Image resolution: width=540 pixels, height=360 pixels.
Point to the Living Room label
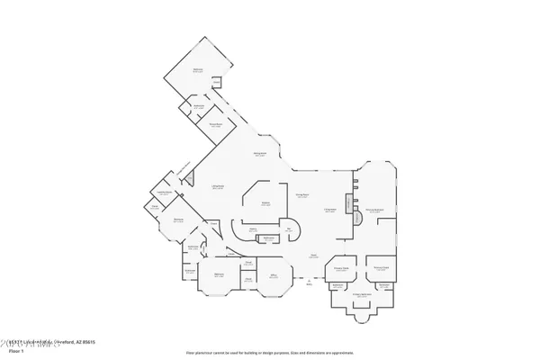[218, 186]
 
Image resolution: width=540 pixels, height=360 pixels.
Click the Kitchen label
[266, 203]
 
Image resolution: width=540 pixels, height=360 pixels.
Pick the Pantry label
[254, 229]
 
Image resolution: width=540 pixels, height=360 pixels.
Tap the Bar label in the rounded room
[289, 229]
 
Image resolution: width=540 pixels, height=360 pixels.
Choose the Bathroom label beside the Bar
[269, 238]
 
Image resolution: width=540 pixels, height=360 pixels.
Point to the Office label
[273, 276]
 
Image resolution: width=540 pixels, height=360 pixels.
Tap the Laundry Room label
[166, 193]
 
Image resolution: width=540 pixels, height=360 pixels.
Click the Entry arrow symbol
[309, 282]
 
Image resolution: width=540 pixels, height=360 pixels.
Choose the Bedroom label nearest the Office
[219, 275]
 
